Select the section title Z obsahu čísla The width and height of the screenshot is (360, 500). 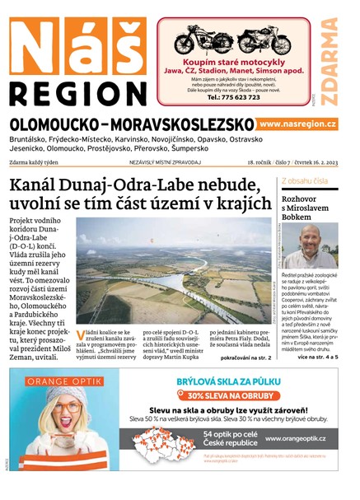[x=305, y=180]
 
